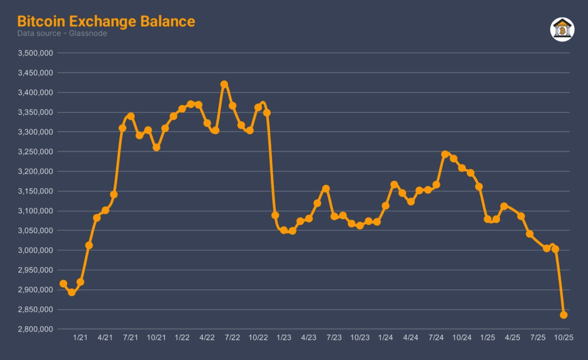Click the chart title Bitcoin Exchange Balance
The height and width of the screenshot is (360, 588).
[106, 21]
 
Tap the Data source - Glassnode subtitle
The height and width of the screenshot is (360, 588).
[62, 34]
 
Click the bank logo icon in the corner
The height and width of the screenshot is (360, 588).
[562, 29]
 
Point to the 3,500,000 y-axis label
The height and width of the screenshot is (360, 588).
[36, 53]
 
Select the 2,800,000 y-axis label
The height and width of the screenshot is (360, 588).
[36, 330]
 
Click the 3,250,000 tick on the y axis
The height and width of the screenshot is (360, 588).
[36, 152]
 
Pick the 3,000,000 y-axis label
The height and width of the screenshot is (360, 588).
[36, 250]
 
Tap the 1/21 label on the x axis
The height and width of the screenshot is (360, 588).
[80, 338]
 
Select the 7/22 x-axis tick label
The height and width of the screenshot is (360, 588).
[233, 338]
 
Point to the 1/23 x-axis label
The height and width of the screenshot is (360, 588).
[284, 338]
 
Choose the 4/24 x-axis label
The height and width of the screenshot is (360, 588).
[411, 338]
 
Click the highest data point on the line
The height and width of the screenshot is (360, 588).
[224, 84]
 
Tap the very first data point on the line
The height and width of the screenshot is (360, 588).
[63, 284]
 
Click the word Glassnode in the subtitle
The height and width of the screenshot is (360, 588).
[91, 34]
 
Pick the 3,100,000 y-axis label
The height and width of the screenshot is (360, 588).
[36, 211]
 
